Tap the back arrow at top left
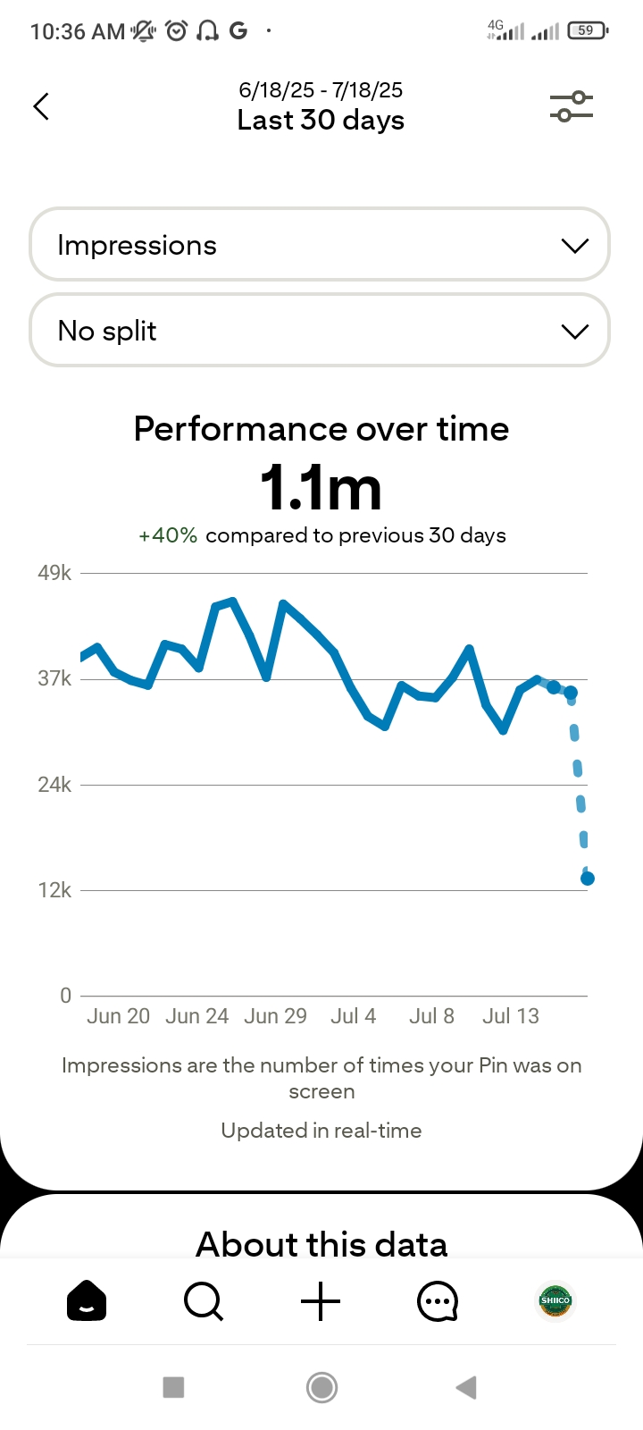[x=41, y=106]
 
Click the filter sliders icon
[x=571, y=106]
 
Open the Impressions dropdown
[x=320, y=246]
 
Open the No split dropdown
[x=320, y=332]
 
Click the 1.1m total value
[x=321, y=488]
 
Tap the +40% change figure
[x=168, y=535]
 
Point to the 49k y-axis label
[x=54, y=573]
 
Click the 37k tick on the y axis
[x=54, y=678]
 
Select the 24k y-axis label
[x=54, y=785]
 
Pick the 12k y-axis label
[x=54, y=890]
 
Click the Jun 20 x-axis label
[x=118, y=1016]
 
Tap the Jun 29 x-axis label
[x=275, y=1016]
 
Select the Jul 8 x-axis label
[x=431, y=1016]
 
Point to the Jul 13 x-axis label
[x=511, y=1016]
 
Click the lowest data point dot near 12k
[x=588, y=879]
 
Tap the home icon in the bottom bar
[x=87, y=1301]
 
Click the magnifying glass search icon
[x=204, y=1301]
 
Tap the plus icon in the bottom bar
[x=321, y=1301]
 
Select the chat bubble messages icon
[x=438, y=1301]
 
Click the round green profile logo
[x=555, y=1301]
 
